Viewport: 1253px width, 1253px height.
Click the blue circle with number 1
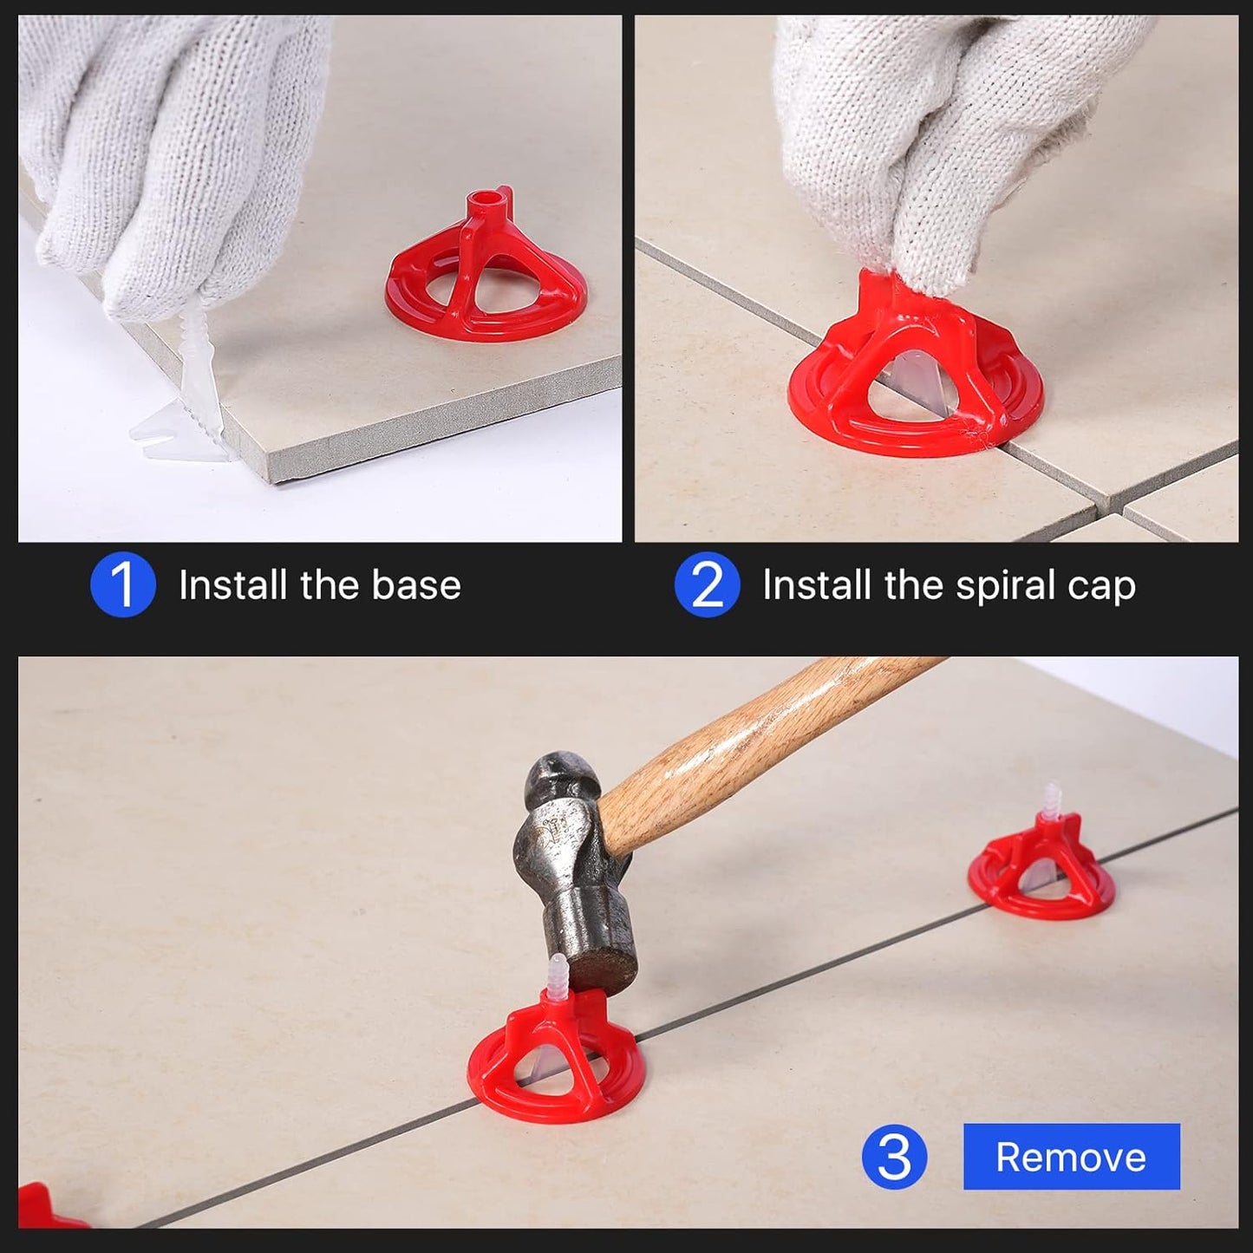(x=123, y=585)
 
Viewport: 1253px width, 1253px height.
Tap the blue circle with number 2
(x=707, y=585)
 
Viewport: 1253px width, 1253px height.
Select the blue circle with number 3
(x=894, y=1157)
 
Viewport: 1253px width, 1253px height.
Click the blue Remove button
(x=1071, y=1157)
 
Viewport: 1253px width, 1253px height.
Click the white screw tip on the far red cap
(x=1054, y=798)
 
